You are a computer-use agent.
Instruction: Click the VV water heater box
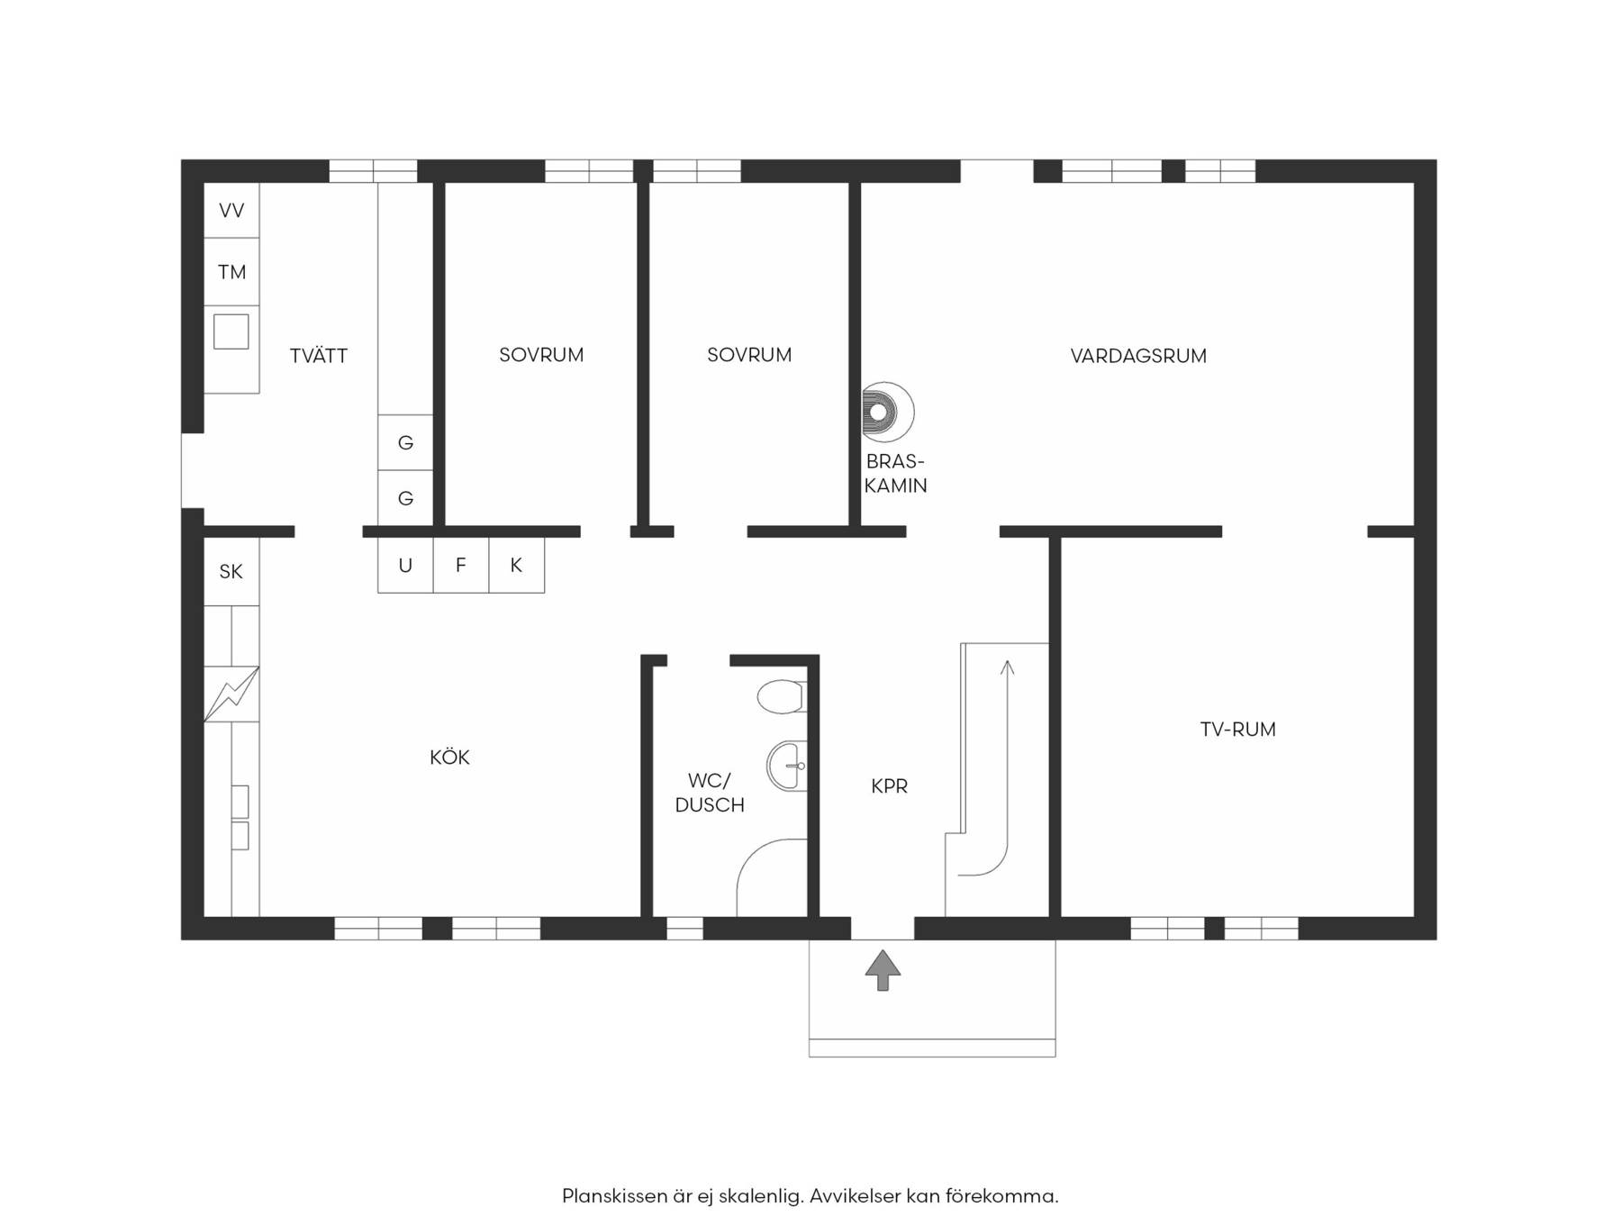(231, 210)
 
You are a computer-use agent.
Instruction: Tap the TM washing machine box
(231, 271)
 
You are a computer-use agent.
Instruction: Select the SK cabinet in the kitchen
(231, 571)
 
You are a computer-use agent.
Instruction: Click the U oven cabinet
(405, 565)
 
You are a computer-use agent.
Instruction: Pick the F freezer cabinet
(461, 565)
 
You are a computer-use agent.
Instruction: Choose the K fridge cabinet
(517, 565)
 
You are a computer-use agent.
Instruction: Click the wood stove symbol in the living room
(887, 413)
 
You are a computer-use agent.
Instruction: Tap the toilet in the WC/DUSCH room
(781, 697)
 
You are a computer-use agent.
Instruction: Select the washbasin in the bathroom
(787, 766)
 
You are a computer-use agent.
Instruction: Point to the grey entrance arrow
(883, 970)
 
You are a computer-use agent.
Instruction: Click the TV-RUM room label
(1237, 730)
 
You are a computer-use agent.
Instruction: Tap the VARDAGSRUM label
(1138, 356)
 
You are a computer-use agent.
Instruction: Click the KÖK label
(449, 757)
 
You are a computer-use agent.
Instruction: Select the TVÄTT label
(319, 355)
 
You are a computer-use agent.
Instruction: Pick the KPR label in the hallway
(889, 786)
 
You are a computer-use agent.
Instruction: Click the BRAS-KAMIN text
(895, 473)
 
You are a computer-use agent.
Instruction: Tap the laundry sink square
(231, 331)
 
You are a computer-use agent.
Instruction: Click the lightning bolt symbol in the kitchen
(231, 694)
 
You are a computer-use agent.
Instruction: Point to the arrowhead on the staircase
(1007, 667)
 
